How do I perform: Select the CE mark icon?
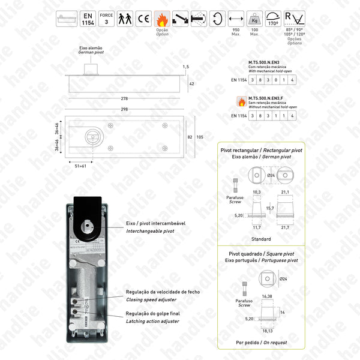click(x=144, y=19)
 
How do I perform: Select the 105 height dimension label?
click(x=199, y=137)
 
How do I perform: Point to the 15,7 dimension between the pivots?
click(x=270, y=208)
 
